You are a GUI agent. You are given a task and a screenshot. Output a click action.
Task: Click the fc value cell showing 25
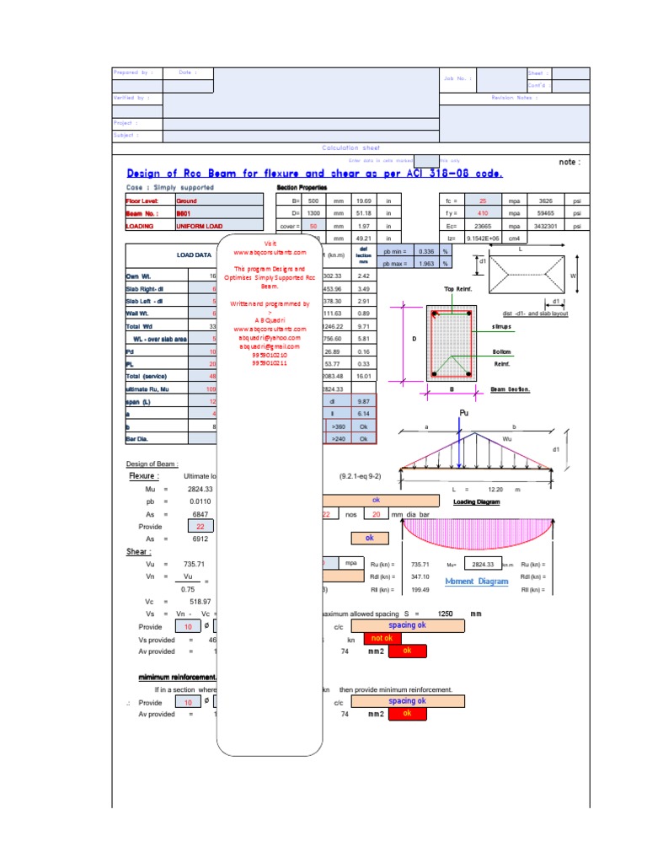click(x=483, y=201)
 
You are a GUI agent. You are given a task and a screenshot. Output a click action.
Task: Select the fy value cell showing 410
click(x=483, y=214)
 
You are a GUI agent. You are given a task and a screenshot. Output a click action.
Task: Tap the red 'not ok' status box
click(x=382, y=639)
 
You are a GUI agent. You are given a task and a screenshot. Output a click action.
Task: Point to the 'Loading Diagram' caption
click(x=477, y=501)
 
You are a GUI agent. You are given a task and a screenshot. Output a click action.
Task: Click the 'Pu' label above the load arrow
click(x=463, y=413)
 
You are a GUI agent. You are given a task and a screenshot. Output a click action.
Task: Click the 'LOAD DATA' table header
click(x=195, y=255)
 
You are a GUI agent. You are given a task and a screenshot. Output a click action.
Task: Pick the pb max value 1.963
click(x=426, y=264)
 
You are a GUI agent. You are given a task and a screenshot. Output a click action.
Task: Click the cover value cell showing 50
click(x=313, y=227)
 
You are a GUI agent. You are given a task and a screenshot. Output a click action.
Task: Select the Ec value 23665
click(x=483, y=226)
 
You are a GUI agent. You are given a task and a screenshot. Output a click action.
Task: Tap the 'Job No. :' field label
click(x=457, y=78)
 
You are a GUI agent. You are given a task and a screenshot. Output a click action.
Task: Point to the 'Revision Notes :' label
click(x=513, y=98)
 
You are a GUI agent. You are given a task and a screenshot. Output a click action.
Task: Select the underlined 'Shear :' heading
click(x=139, y=551)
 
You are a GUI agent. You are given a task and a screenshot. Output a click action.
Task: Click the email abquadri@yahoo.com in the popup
click(x=271, y=337)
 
